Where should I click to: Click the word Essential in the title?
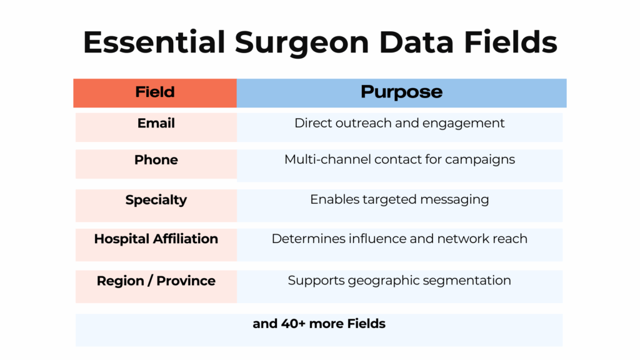pyautogui.click(x=154, y=42)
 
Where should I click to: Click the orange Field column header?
pyautogui.click(x=155, y=92)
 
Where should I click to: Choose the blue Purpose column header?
pyautogui.click(x=401, y=92)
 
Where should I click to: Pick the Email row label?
pyautogui.click(x=156, y=123)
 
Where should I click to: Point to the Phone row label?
pyautogui.click(x=156, y=160)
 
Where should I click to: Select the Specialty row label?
pyautogui.click(x=156, y=200)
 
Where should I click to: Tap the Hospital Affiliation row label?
pyautogui.click(x=156, y=239)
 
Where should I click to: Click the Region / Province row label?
pyautogui.click(x=156, y=281)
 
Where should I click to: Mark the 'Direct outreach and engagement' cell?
pyautogui.click(x=399, y=123)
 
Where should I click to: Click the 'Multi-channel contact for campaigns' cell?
pyautogui.click(x=399, y=159)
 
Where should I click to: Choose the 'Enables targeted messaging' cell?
pyautogui.click(x=399, y=200)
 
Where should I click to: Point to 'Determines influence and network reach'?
pyautogui.click(x=399, y=239)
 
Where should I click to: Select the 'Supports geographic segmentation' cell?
pyautogui.click(x=399, y=281)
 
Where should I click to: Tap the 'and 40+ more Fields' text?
pyautogui.click(x=319, y=324)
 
